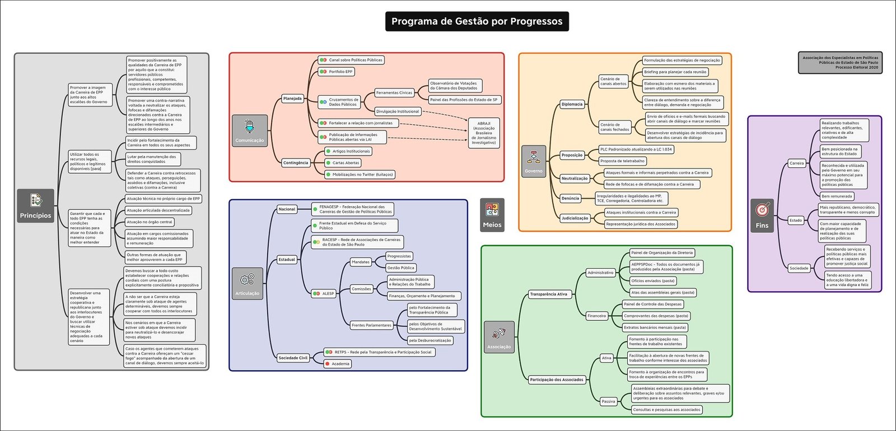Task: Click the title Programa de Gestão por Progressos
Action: (x=477, y=21)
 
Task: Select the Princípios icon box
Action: (x=35, y=206)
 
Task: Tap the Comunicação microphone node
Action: (x=250, y=130)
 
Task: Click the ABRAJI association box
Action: (x=484, y=133)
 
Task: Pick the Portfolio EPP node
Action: (x=337, y=72)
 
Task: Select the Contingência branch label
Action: (x=296, y=163)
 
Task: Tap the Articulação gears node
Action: (x=247, y=284)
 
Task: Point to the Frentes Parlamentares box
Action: (x=371, y=325)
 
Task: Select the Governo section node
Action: (x=534, y=161)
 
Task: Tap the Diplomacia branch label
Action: (x=572, y=104)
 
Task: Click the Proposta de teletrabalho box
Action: (x=622, y=161)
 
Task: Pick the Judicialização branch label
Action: (x=575, y=218)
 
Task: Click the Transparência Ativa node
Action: (x=548, y=294)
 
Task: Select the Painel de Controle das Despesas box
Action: (x=652, y=304)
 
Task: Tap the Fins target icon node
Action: (x=762, y=215)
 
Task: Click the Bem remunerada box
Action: (x=837, y=196)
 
